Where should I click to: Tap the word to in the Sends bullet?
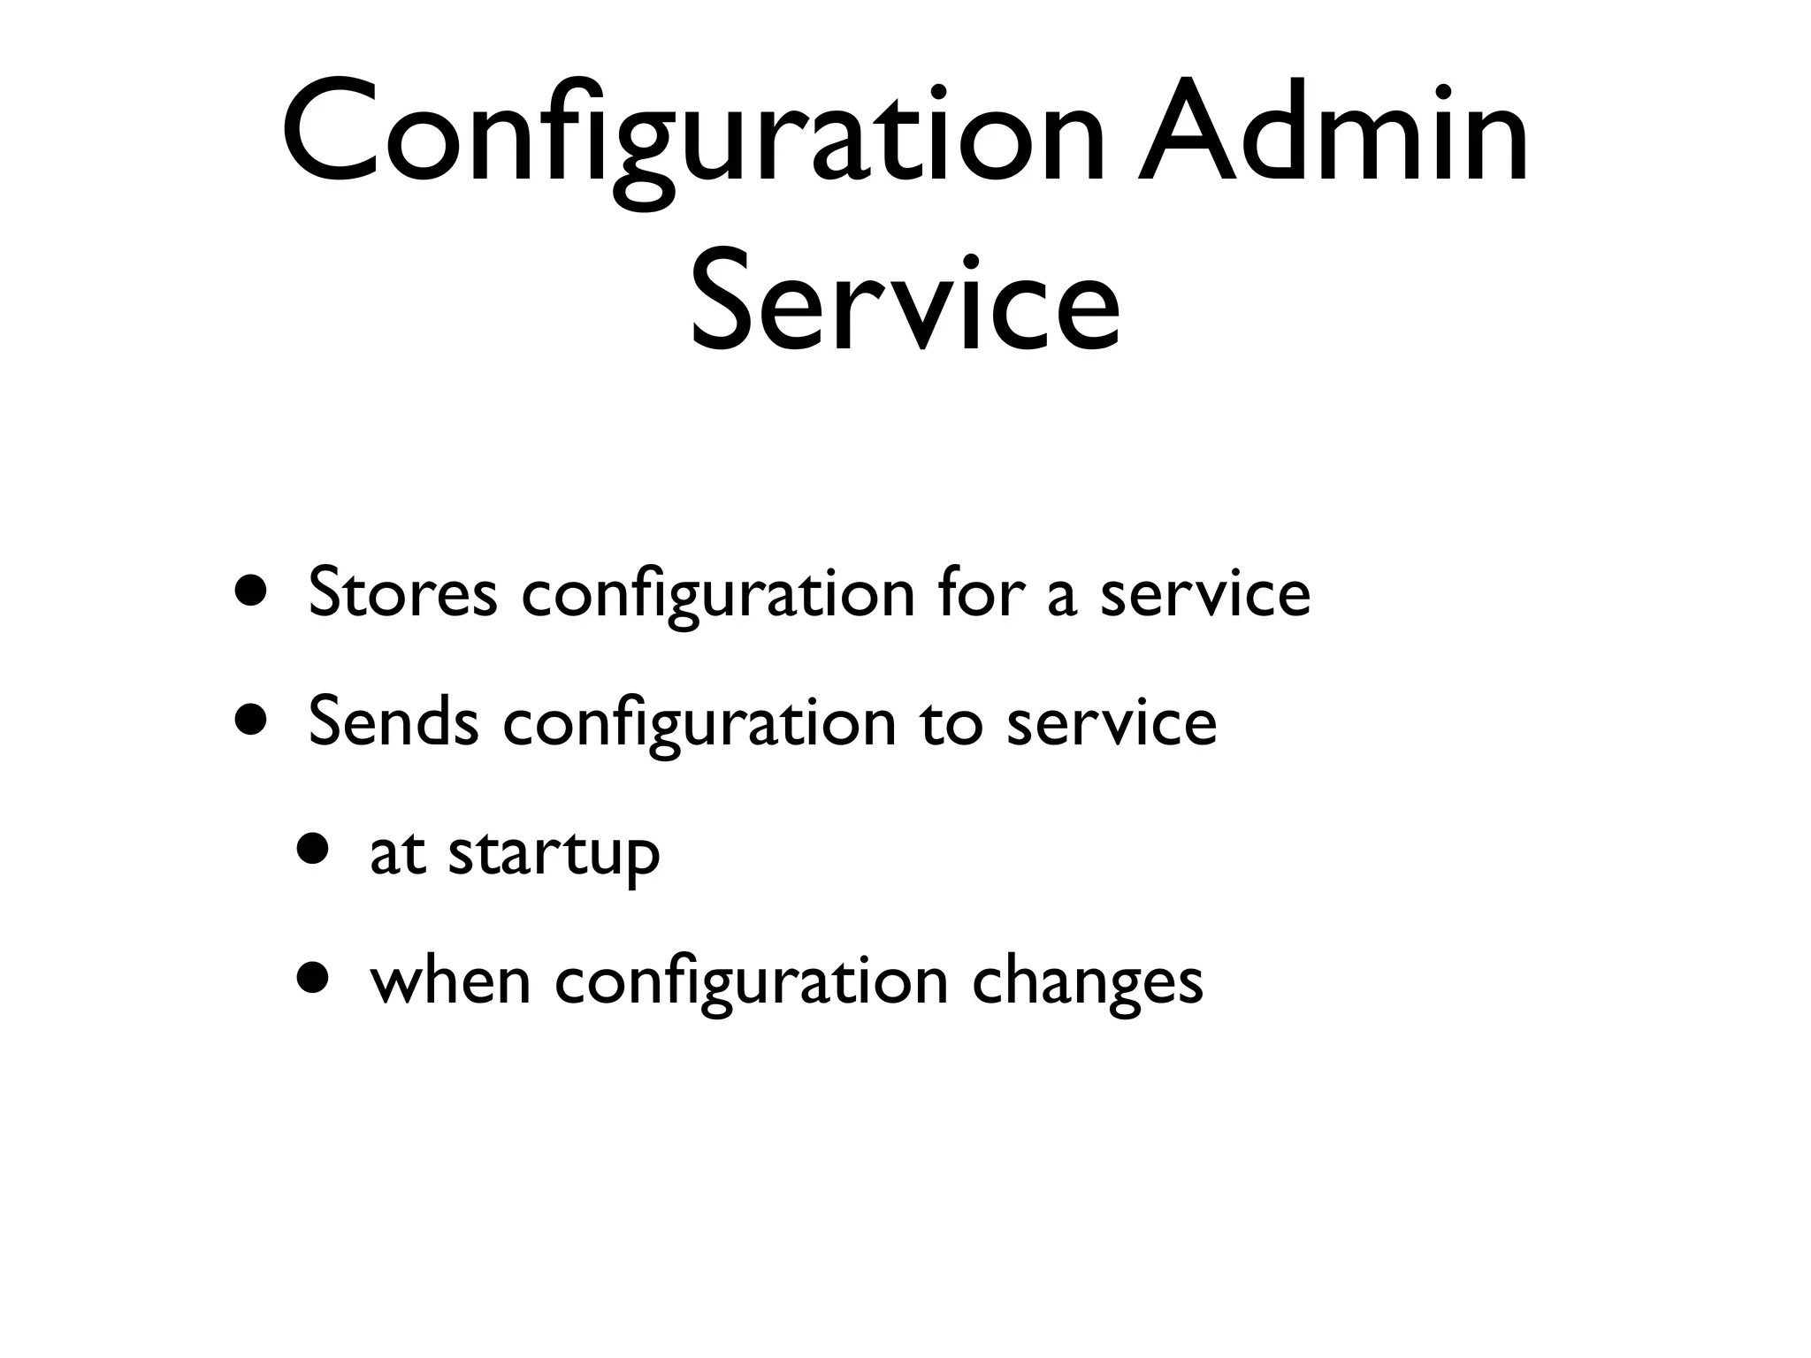(951, 721)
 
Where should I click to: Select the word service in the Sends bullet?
(1112, 721)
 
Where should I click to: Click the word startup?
(554, 852)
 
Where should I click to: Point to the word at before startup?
(397, 852)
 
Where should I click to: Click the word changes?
(1088, 980)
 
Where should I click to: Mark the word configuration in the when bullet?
(752, 980)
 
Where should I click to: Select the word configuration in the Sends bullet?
(699, 721)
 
